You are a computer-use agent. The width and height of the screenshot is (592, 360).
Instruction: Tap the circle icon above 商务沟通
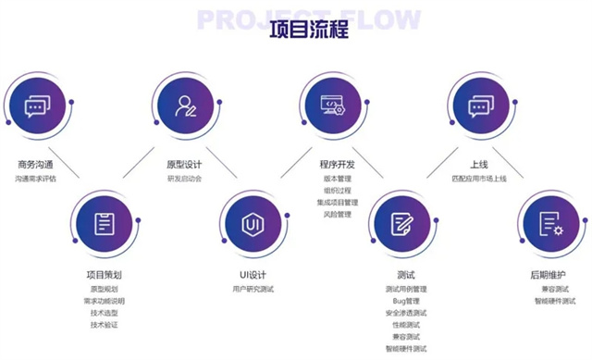pyautogui.click(x=35, y=106)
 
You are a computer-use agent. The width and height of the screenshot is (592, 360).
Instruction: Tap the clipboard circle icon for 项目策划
pyautogui.click(x=105, y=223)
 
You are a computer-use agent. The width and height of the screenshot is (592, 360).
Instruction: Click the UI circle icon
pyautogui.click(x=253, y=223)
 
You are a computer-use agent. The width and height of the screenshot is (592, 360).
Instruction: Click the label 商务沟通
pyautogui.click(x=35, y=164)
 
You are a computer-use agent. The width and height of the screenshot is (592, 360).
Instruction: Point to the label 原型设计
pyautogui.click(x=181, y=164)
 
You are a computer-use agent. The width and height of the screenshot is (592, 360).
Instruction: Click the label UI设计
pyautogui.click(x=253, y=274)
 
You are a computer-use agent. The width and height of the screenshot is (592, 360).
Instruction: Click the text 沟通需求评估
pyautogui.click(x=35, y=179)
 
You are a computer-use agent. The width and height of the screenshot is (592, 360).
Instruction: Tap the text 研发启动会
pyautogui.click(x=181, y=179)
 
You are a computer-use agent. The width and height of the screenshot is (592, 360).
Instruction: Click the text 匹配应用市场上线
pyautogui.click(x=479, y=179)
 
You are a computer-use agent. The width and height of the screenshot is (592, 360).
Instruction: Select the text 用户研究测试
pyautogui.click(x=253, y=289)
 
